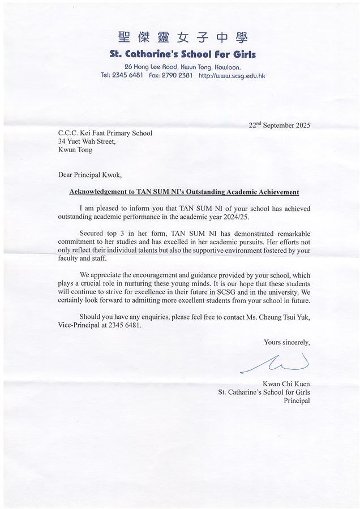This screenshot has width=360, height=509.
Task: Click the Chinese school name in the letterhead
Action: (183, 38)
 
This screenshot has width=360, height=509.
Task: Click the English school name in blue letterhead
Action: (183, 54)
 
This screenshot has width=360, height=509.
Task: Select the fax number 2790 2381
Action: (177, 75)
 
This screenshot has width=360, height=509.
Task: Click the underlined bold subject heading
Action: (184, 192)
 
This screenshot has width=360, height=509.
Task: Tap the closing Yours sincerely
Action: (287, 342)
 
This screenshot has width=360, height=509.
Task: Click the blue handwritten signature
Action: (276, 363)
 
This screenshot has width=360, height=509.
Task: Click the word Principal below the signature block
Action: (297, 400)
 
